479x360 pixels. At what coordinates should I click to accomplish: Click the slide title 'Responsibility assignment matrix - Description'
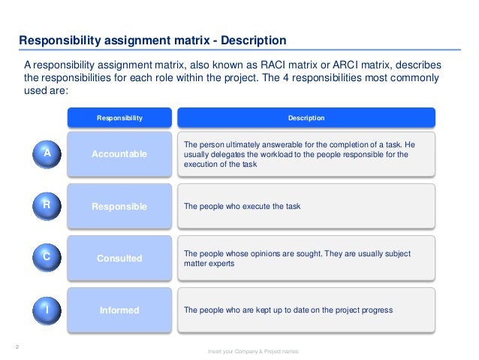click(x=152, y=40)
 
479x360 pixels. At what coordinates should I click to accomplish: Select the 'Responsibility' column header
click(x=119, y=118)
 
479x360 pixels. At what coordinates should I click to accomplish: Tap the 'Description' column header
click(x=306, y=118)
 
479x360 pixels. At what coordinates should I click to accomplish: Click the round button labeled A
click(x=47, y=153)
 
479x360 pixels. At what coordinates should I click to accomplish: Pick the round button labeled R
click(x=47, y=204)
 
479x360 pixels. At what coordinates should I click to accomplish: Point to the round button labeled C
click(x=47, y=257)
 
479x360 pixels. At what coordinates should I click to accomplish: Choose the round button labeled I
click(x=47, y=309)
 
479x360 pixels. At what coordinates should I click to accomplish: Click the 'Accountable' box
click(x=119, y=154)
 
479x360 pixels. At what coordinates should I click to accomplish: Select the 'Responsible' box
click(x=119, y=206)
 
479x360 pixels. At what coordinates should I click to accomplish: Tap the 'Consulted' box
click(x=119, y=259)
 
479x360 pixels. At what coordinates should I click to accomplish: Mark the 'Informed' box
click(x=119, y=310)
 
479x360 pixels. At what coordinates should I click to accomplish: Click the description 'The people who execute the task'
click(x=242, y=206)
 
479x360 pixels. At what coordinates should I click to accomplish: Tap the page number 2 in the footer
click(x=17, y=346)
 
